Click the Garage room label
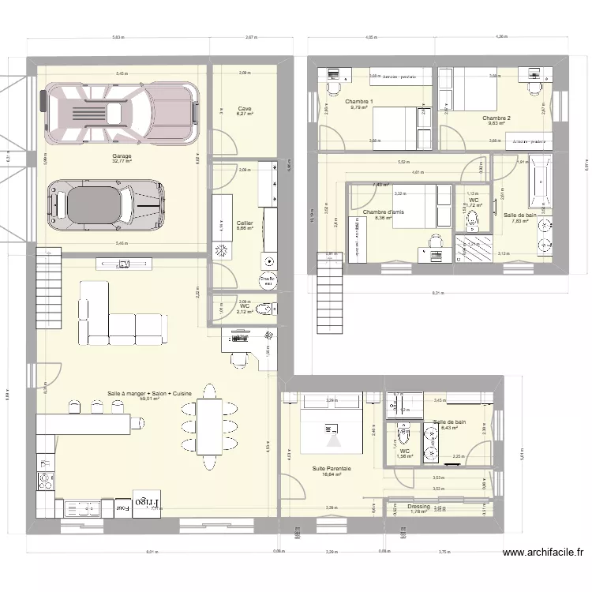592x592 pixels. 122,156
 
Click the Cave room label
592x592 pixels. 245,109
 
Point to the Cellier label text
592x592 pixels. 245,223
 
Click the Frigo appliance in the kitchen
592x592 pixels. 148,503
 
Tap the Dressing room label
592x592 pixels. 418,507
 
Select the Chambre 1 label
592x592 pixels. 358,103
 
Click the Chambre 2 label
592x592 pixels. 496,118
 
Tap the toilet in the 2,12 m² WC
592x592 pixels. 266,307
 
